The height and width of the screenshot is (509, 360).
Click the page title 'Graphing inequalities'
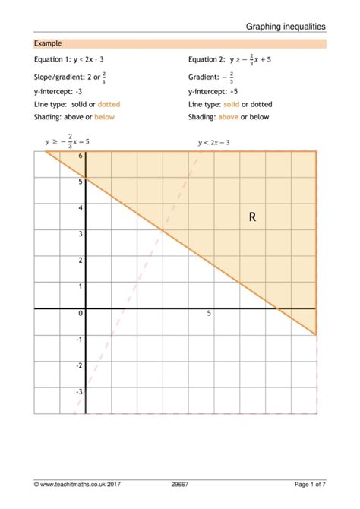286,26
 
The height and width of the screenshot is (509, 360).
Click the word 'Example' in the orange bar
48,44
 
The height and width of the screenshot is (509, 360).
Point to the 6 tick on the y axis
79,155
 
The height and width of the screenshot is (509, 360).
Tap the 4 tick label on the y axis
79,207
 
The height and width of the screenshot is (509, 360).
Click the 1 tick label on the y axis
79,286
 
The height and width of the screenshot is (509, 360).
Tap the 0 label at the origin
79,313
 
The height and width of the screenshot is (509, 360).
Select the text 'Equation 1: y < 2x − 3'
74,58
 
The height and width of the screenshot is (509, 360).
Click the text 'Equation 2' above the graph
207,58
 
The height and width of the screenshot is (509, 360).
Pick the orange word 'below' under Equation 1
105,117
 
